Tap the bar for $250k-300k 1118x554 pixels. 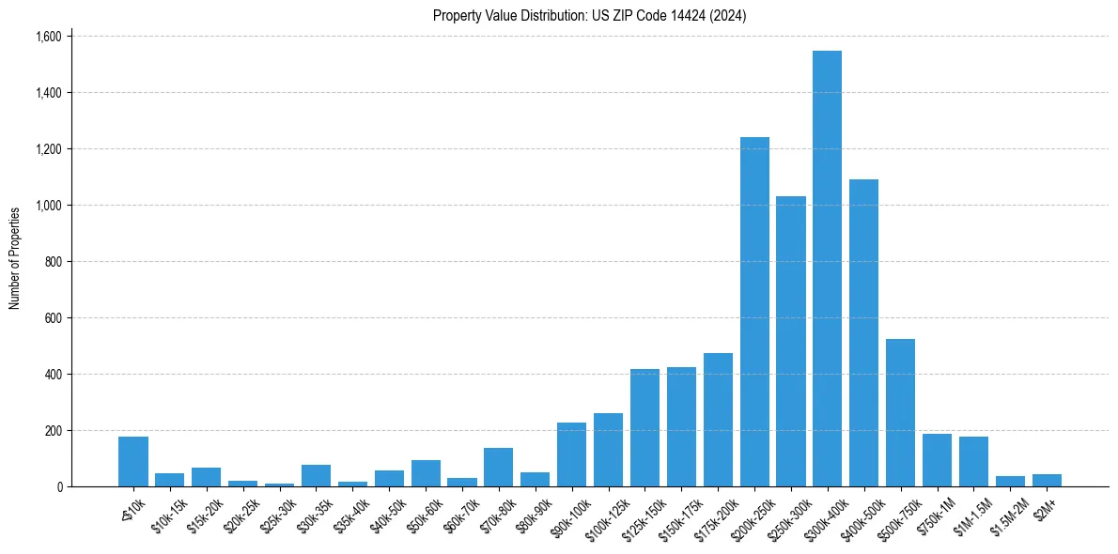(x=791, y=342)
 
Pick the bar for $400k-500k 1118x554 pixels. (x=863, y=333)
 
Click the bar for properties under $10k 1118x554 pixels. (x=133, y=462)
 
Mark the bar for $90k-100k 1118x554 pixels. (x=571, y=455)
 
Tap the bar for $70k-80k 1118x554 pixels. (x=498, y=468)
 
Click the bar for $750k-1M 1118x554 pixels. (x=937, y=461)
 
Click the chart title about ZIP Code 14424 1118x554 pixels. (x=589, y=16)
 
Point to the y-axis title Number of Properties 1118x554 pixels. (x=15, y=258)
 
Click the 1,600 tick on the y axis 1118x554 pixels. (x=47, y=37)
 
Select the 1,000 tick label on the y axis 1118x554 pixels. (x=47, y=206)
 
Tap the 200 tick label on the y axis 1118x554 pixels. (x=52, y=431)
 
